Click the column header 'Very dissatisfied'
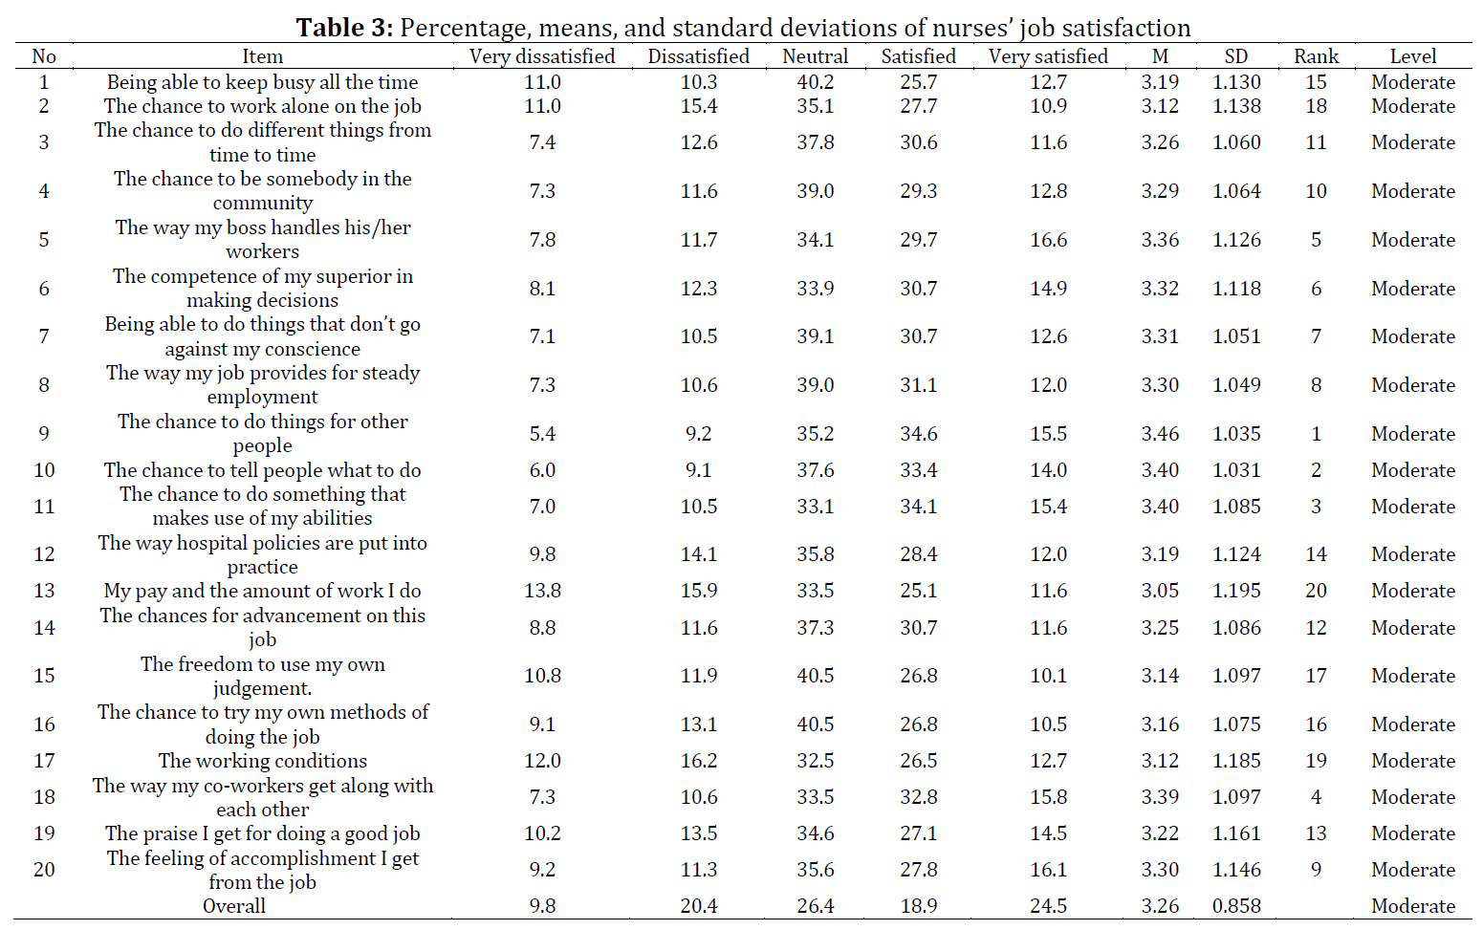click(542, 56)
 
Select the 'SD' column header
click(1236, 56)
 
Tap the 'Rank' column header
click(1317, 56)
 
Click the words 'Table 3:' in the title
click(344, 28)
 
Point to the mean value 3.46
click(1160, 434)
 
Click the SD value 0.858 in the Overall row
click(1236, 905)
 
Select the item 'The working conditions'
click(262, 761)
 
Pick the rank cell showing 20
click(1317, 591)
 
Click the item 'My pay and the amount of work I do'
click(262, 591)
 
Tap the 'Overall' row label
click(233, 905)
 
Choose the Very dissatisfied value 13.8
click(542, 591)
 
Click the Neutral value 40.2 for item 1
click(815, 82)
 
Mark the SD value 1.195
click(1236, 591)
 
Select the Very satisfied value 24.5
click(1048, 905)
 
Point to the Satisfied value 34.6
click(918, 434)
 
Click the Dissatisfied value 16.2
click(698, 761)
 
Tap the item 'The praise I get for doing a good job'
click(262, 833)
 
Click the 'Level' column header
click(1413, 56)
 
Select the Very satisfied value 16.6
click(1048, 240)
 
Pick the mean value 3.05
click(1160, 591)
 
